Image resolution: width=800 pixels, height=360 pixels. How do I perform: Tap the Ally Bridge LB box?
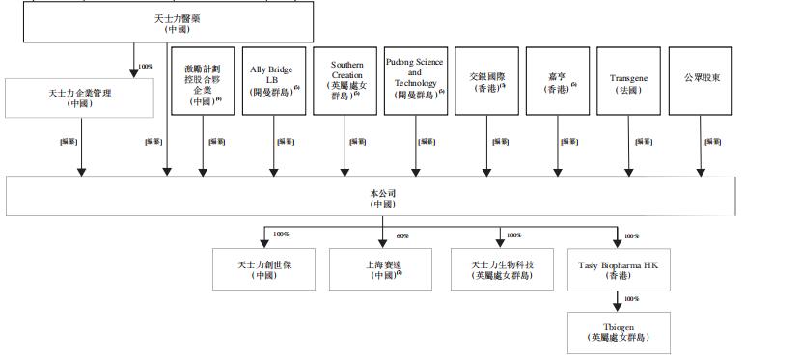(274, 81)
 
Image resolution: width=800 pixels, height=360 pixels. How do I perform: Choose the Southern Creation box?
(345, 81)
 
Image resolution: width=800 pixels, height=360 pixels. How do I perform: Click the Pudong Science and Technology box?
(416, 81)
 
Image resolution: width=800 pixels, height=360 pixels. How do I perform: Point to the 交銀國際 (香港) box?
(487, 81)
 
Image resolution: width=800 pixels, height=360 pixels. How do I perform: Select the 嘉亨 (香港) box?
(558, 81)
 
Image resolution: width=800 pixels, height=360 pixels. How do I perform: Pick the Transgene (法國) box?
(628, 81)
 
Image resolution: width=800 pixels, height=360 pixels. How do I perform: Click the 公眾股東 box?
(701, 81)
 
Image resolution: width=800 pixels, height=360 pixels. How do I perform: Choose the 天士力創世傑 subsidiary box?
(263, 269)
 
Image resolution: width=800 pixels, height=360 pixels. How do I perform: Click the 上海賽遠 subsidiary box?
(381, 269)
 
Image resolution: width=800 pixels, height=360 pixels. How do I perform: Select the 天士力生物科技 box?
(500, 269)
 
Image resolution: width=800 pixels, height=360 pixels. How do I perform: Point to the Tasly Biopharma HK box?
(618, 269)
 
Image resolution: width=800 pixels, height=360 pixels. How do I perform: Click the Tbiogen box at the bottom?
(618, 331)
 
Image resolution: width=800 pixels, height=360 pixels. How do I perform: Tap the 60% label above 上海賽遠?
(402, 235)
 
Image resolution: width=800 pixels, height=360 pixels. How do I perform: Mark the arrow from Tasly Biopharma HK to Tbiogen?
(618, 301)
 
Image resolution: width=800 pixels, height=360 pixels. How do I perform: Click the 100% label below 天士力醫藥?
(147, 67)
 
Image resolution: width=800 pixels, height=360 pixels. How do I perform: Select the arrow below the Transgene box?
(628, 159)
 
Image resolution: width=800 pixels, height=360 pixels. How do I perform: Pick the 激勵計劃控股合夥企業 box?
(203, 81)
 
